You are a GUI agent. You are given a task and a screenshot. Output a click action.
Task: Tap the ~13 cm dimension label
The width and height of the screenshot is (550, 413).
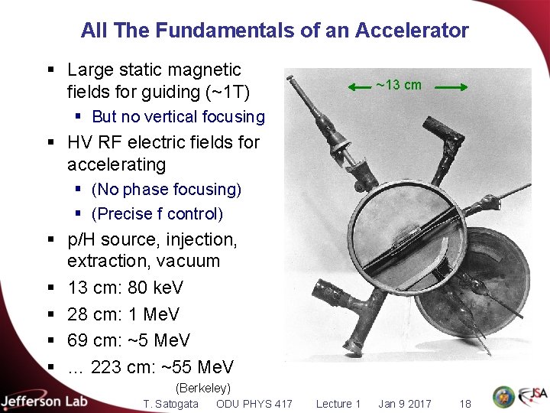click(399, 85)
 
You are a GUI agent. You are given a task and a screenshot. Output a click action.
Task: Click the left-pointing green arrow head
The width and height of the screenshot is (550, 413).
click(352, 89)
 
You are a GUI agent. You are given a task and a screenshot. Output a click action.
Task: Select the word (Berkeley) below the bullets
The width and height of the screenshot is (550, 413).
click(202, 389)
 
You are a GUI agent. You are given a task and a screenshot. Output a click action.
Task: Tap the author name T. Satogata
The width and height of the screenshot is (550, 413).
click(172, 404)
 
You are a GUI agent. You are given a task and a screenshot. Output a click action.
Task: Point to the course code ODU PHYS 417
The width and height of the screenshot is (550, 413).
click(254, 404)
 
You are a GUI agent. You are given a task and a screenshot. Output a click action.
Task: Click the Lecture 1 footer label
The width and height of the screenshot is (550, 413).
click(338, 404)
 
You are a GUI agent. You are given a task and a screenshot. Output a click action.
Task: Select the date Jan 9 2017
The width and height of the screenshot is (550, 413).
click(405, 404)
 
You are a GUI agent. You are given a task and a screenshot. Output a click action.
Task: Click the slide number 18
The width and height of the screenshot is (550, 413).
click(465, 404)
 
